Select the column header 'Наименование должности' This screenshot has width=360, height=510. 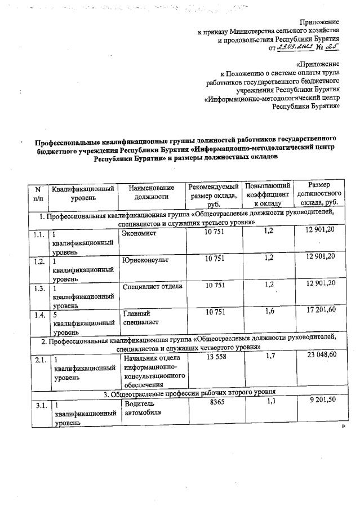[x=152, y=192]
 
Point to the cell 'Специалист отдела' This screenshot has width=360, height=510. [x=152, y=286]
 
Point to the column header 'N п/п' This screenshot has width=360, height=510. [x=38, y=192]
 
